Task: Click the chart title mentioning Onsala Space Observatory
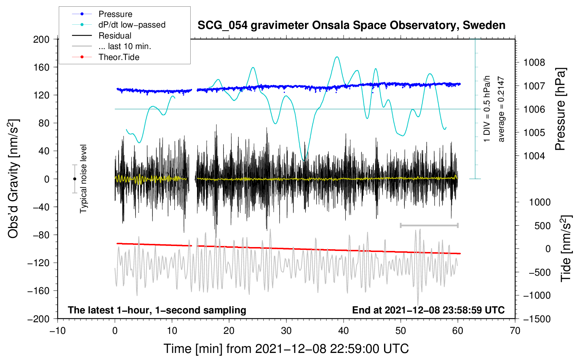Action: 351,25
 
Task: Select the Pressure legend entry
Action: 102,14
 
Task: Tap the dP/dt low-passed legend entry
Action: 119,25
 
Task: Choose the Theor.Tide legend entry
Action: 106,57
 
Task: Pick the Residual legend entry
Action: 102,36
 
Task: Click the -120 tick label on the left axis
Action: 38,263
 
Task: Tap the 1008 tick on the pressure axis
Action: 534,62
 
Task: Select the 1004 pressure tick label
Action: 534,156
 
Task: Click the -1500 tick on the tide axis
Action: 537,319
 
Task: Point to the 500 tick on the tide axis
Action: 543,226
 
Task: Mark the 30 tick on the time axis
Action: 286,331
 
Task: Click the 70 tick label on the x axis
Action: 515,331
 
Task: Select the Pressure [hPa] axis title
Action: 560,109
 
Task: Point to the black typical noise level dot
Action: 74,179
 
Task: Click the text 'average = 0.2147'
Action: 501,109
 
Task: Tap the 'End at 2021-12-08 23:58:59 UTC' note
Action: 429,310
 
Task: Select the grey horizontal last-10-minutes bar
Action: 429,225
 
